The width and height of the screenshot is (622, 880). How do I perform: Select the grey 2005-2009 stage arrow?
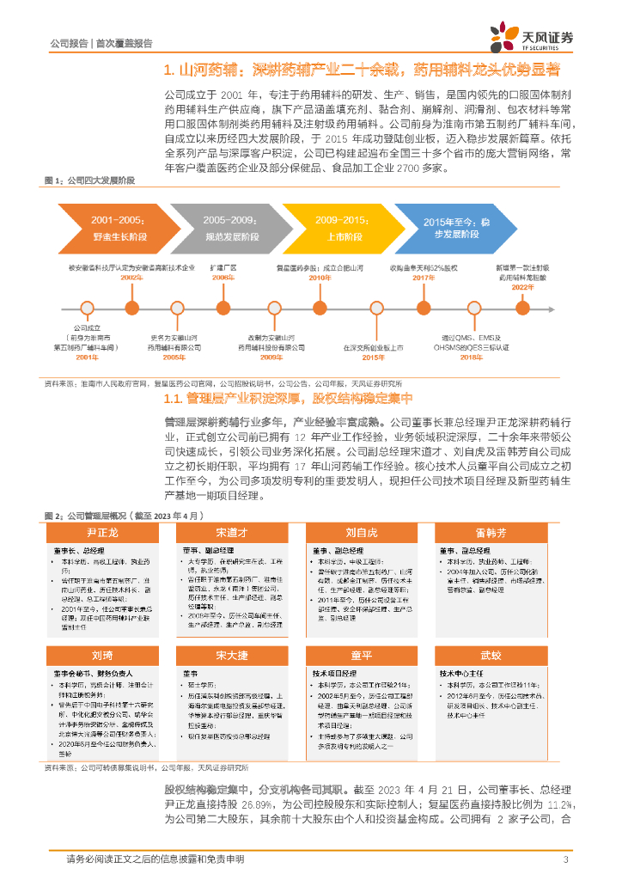(224, 227)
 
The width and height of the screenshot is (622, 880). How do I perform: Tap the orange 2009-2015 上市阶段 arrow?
(335, 227)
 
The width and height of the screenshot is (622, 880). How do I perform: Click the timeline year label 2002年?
(131, 278)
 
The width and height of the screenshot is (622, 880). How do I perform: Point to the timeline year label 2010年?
(320, 278)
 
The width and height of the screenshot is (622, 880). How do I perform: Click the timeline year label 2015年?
(373, 356)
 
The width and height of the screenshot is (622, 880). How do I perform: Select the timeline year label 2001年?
(87, 356)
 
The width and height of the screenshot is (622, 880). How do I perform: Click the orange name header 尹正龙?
(102, 533)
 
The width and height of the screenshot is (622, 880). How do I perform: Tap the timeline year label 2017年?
(424, 278)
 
